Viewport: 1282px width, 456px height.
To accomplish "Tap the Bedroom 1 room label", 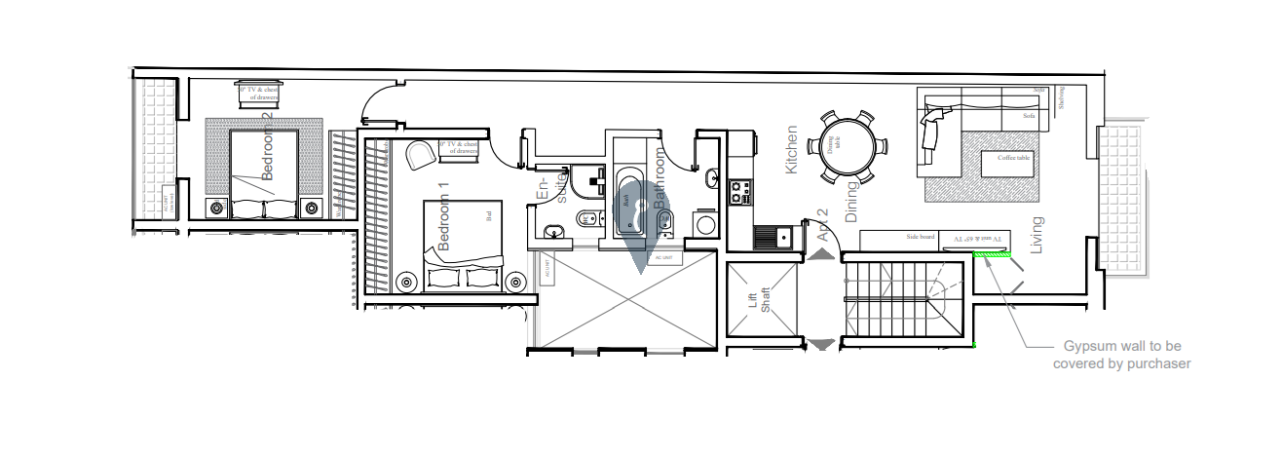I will pos(444,217).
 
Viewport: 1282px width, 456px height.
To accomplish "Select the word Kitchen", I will pos(792,150).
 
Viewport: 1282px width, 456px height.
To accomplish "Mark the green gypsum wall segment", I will pos(993,254).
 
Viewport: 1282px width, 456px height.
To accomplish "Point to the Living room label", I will pos(1037,236).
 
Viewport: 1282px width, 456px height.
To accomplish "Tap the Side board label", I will pos(920,237).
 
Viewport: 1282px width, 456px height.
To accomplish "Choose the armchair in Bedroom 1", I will pos(421,155).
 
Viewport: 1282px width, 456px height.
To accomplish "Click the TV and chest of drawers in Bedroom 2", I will pos(258,94).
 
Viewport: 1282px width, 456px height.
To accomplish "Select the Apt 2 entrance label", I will pos(822,225).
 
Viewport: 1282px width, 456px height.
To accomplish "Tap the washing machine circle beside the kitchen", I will pos(704,224).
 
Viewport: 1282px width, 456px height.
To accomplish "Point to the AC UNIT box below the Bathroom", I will pos(664,258).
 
